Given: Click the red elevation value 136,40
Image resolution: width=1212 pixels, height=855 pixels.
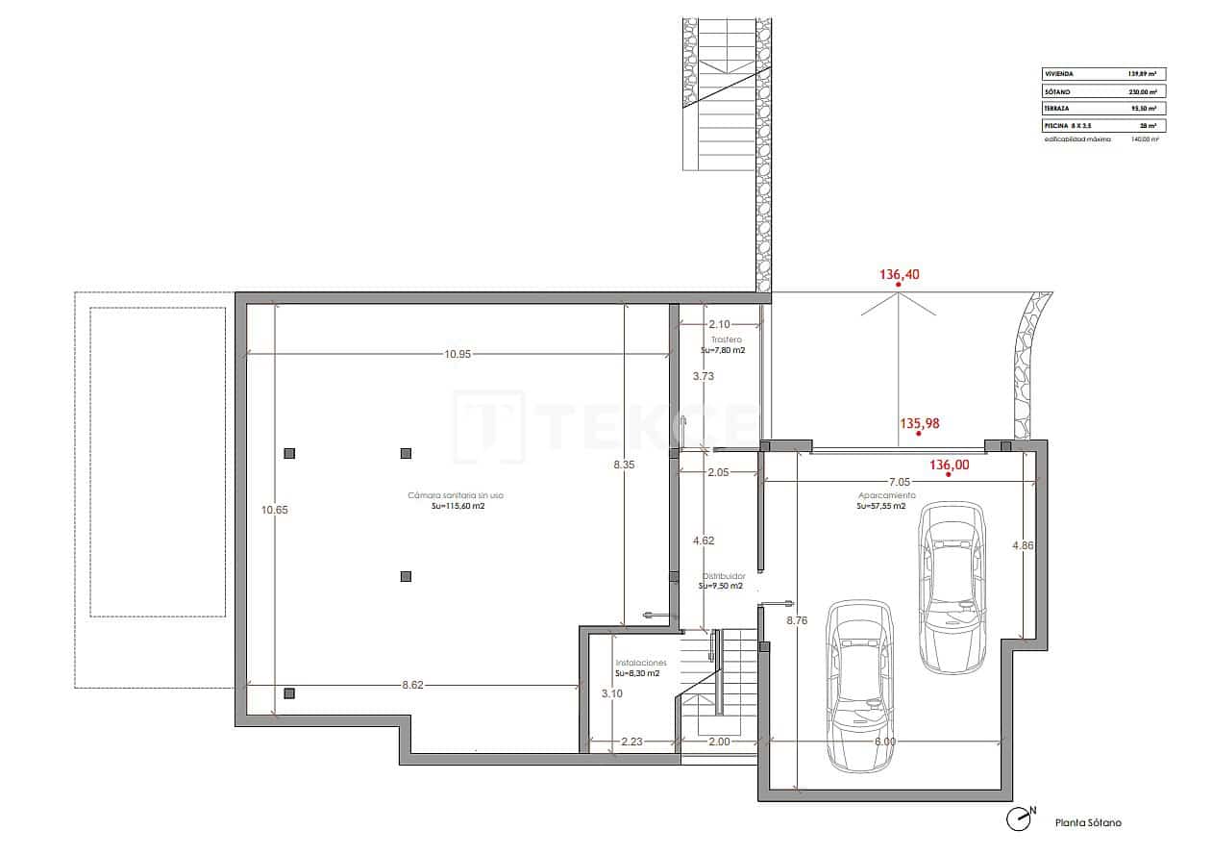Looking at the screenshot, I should point(900,274).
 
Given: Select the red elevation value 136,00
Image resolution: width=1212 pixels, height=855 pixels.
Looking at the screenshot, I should point(949,465).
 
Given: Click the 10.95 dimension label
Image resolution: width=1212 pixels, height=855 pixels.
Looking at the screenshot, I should point(458,354).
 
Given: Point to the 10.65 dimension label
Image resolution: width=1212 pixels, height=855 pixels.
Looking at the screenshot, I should point(275,510).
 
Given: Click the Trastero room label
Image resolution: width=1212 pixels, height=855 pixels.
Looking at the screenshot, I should point(726,340).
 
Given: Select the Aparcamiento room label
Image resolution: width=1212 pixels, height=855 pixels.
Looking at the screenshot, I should point(886,495).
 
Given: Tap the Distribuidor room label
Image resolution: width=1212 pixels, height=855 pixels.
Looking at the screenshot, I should point(722,576).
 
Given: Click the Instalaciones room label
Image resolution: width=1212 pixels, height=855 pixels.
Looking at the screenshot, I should point(640,664).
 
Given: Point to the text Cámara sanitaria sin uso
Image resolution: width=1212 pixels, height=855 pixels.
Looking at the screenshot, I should point(456,496).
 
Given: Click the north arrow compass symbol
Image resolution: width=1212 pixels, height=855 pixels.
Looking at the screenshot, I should point(1020,818).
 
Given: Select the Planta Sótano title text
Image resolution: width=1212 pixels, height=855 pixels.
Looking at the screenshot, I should point(1087,822).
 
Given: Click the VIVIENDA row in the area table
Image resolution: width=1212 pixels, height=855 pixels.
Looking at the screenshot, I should point(1103,73).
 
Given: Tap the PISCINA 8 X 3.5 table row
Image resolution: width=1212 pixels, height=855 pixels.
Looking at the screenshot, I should point(1103,126).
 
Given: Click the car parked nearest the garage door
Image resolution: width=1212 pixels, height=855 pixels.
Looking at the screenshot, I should point(951,586).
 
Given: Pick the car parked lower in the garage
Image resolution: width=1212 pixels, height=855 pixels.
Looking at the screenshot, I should point(859,684).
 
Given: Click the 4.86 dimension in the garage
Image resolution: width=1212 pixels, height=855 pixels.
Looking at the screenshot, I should point(1023,545).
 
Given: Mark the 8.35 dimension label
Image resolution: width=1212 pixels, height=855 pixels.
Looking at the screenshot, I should point(625,465).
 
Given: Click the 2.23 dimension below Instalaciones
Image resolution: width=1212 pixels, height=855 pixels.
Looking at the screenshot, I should point(631,742).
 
